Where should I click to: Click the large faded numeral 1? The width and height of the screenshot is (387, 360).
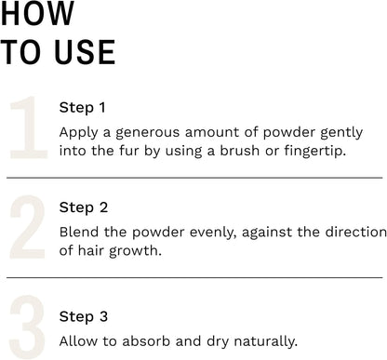pyautogui.click(x=26, y=128)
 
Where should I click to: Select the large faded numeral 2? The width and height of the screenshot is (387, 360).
pyautogui.click(x=27, y=228)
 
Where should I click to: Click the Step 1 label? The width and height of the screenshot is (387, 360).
pyautogui.click(x=83, y=107)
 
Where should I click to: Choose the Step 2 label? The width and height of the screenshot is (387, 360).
pyautogui.click(x=83, y=207)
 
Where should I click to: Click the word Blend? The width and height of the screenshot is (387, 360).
pyautogui.click(x=78, y=232)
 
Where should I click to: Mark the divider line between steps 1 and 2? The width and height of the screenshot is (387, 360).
pyautogui.click(x=193, y=177)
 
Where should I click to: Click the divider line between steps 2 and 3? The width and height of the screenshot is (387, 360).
pyautogui.click(x=193, y=276)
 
